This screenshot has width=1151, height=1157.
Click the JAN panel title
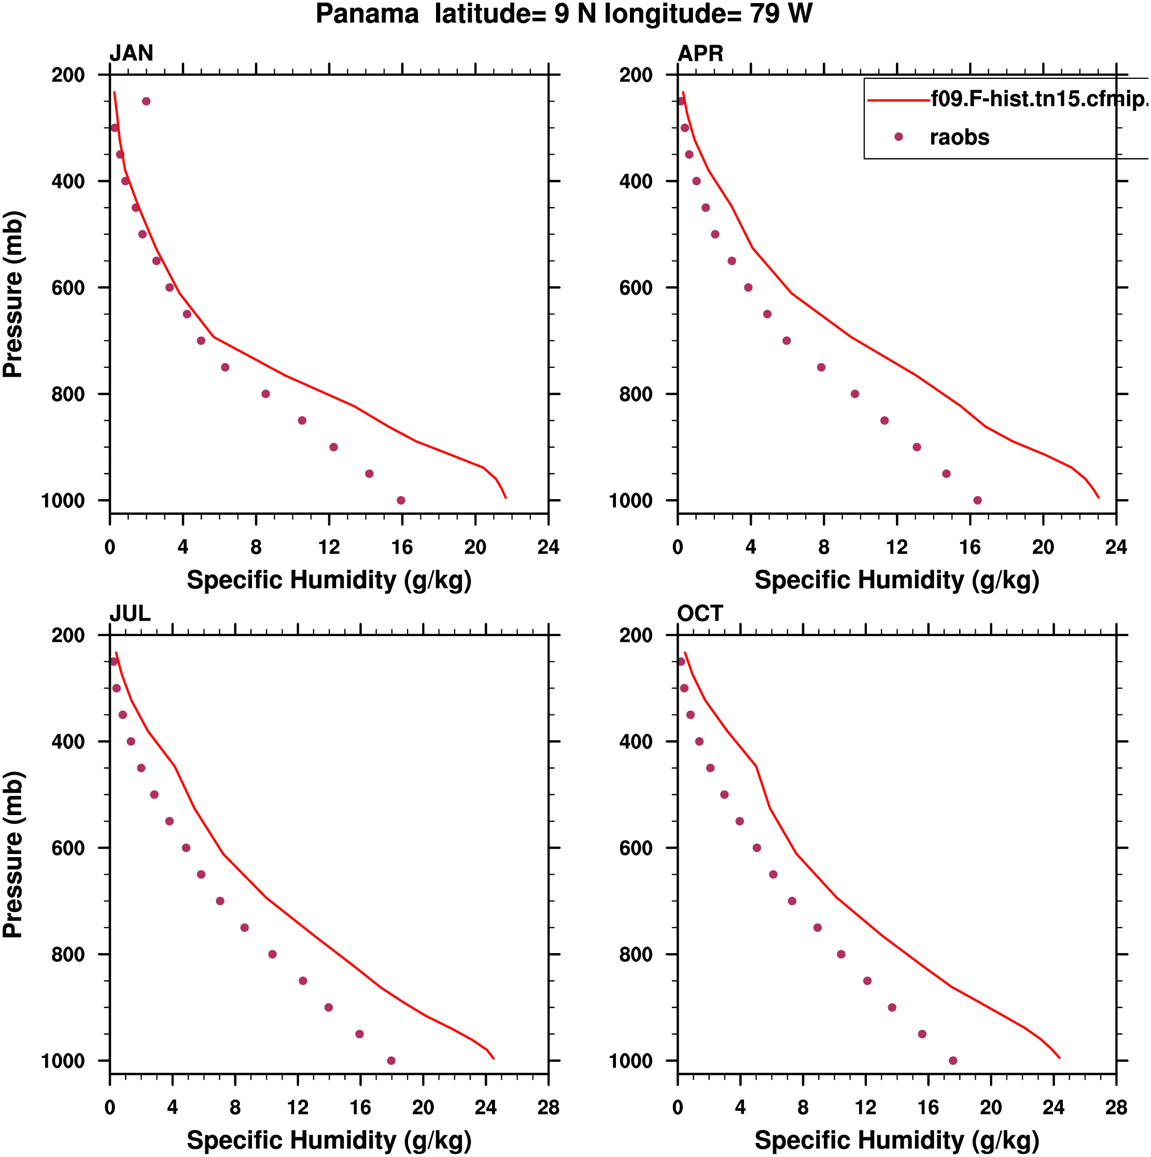point(131,53)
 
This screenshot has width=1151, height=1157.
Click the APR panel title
point(700,53)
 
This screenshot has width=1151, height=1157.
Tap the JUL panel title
point(129,613)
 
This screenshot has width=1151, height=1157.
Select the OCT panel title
point(700,613)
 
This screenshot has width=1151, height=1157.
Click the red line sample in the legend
point(898,100)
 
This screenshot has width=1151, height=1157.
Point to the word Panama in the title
point(367,14)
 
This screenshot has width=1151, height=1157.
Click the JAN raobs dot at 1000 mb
point(401,500)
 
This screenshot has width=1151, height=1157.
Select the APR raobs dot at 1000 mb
point(977,500)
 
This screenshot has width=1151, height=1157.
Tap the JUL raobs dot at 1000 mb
point(391,1060)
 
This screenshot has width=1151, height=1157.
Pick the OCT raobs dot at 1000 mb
point(953,1060)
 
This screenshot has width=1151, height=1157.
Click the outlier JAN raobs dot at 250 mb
point(146,101)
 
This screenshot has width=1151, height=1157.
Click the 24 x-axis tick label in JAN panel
point(548,547)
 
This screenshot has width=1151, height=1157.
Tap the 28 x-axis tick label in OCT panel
point(1116,1107)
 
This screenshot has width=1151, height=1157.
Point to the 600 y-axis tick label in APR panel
point(636,288)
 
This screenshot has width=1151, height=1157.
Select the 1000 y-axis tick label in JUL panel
point(63,1061)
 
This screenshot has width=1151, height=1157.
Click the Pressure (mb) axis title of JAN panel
point(13,294)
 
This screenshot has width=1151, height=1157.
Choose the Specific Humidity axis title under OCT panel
point(896,1140)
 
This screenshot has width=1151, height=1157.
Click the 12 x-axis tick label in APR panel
point(896,547)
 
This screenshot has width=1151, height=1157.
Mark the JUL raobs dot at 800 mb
point(272,954)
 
